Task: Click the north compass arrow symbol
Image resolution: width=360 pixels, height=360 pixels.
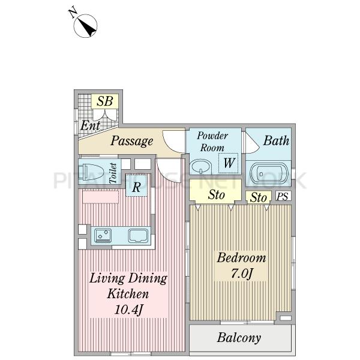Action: pos(85,26)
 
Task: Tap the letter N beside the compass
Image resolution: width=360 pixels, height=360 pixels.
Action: pos(73,13)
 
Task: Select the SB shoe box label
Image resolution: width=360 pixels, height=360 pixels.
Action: pos(105,101)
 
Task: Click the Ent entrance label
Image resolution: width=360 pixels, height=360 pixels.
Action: pos(90,125)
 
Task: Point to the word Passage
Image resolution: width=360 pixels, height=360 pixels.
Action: pos(132,141)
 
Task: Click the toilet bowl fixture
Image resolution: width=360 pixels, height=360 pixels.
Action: pos(91,172)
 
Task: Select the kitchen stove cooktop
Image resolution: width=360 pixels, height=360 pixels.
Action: pos(103,235)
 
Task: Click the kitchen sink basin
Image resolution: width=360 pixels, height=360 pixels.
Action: pos(138,236)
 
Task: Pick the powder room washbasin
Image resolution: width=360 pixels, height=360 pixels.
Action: pos(201,166)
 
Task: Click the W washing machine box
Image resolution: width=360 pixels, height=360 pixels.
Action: pos(228,163)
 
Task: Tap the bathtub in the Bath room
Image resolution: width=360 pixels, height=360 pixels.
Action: pos(269,173)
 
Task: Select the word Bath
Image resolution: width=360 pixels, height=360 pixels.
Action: pos(276,140)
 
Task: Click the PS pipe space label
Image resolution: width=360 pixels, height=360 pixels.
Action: pos(283,197)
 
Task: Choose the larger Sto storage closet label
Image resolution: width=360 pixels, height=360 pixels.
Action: pos(216,194)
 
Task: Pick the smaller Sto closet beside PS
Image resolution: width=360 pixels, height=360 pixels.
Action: pos(259,197)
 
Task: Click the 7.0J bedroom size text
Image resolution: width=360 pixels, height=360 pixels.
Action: pos(242,274)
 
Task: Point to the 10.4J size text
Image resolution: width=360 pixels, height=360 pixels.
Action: pos(128,309)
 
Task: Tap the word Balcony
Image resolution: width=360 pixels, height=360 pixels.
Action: pos(239,338)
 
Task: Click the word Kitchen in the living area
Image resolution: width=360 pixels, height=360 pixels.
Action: pos(128,293)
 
